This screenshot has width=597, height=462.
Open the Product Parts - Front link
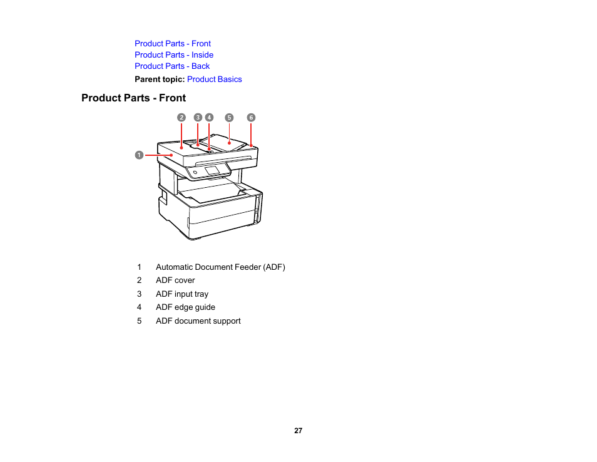pyautogui.click(x=173, y=44)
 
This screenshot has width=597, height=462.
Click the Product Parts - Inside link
pyautogui.click(x=174, y=55)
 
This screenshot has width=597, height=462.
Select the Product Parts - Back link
pyautogui.click(x=172, y=66)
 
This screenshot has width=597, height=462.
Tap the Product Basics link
pyautogui.click(x=214, y=80)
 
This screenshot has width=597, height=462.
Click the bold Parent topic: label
pyautogui.click(x=160, y=80)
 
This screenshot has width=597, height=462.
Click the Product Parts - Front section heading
pyautogui.click(x=133, y=98)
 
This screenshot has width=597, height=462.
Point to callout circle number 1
pyautogui.click(x=140, y=154)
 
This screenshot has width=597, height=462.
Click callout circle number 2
pyautogui.click(x=181, y=118)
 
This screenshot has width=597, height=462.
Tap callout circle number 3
pyautogui.click(x=198, y=118)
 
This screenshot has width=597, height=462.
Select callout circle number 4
pyautogui.click(x=209, y=118)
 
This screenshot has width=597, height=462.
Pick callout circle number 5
pyautogui.click(x=229, y=118)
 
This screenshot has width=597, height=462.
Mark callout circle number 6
pyautogui.click(x=251, y=118)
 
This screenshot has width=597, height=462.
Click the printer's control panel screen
pyautogui.click(x=212, y=170)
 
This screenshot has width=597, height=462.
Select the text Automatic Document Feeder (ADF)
pyautogui.click(x=220, y=267)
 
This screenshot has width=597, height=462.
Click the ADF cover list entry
pyautogui.click(x=175, y=280)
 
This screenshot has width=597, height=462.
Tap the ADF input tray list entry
pyautogui.click(x=182, y=294)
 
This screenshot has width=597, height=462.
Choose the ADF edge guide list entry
pyautogui.click(x=185, y=307)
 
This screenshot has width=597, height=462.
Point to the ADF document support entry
pyautogui.click(x=198, y=321)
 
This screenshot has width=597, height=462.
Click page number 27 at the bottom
pyautogui.click(x=298, y=431)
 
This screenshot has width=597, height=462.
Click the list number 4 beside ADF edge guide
pyautogui.click(x=140, y=307)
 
